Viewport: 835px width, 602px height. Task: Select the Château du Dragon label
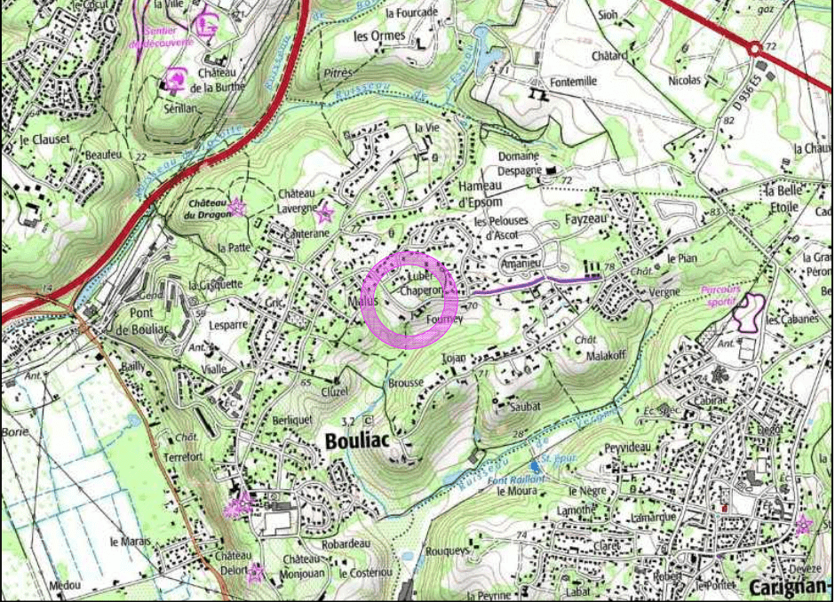click(207, 208)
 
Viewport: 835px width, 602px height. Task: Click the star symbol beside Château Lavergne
click(324, 213)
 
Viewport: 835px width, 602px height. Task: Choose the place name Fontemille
click(572, 81)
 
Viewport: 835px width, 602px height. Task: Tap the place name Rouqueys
click(448, 551)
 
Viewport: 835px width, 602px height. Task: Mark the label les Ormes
click(379, 36)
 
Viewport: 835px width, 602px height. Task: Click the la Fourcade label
click(412, 13)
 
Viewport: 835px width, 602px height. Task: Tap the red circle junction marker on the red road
click(754, 49)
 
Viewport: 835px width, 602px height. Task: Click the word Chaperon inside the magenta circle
click(420, 290)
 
